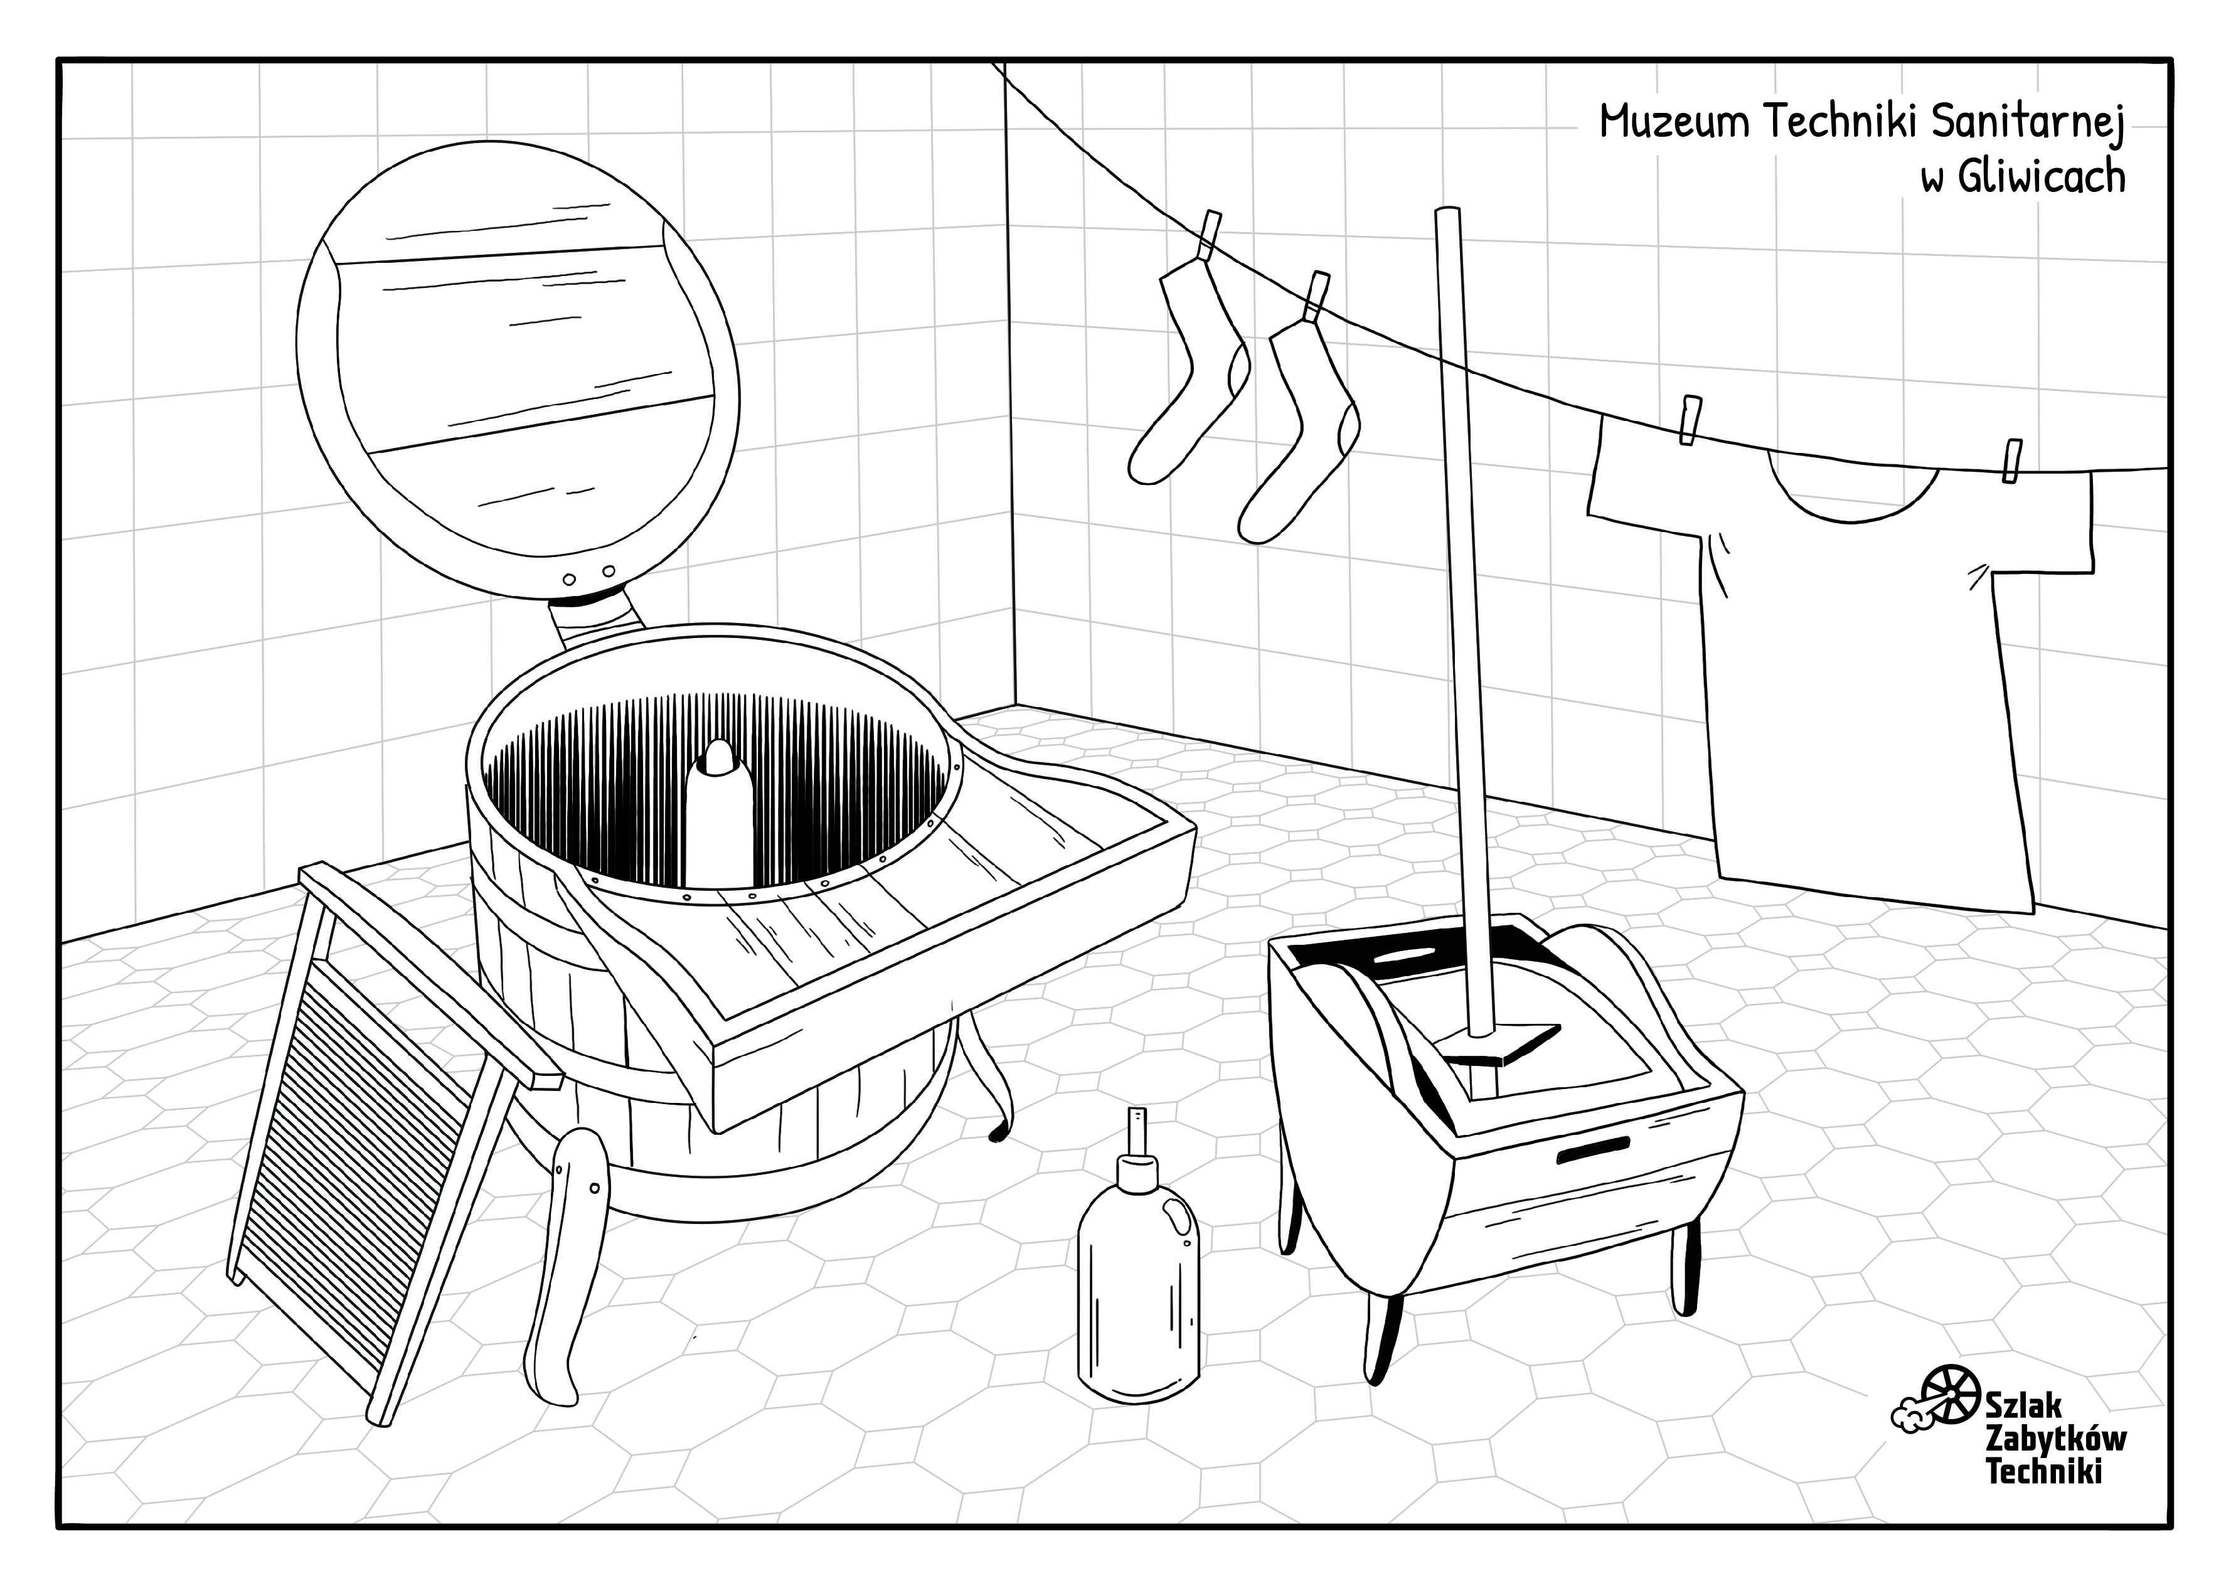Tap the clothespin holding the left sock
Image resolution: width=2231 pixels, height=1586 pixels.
point(1210,237)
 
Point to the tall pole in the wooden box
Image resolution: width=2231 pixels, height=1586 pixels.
point(1464,625)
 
